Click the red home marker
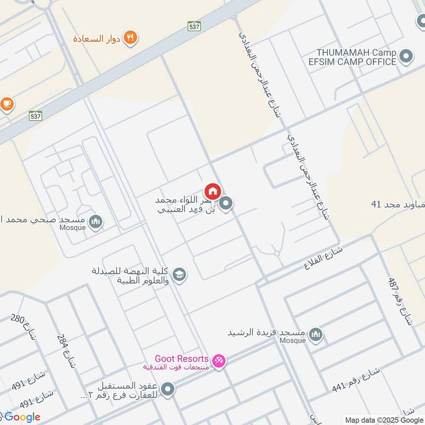coord(212,191)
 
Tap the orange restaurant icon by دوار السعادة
coord(130,38)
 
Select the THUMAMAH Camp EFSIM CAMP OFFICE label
coord(357,57)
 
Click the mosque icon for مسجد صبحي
coord(96,221)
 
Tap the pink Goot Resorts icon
coord(218,361)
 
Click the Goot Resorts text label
coord(181,359)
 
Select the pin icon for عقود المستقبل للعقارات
coord(168,390)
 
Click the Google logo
coord(21,417)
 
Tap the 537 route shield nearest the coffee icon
coord(36,115)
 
